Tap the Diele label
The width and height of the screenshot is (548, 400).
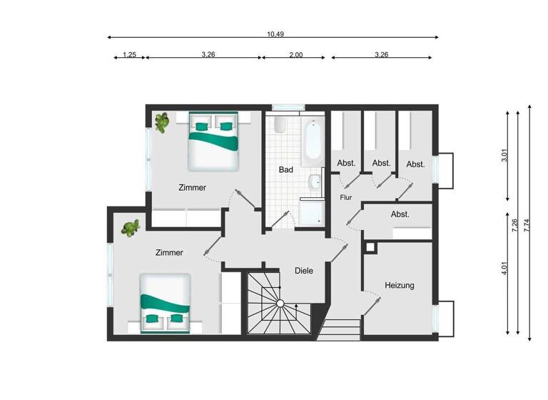(x=304, y=271)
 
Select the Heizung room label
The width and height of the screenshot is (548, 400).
(x=400, y=285)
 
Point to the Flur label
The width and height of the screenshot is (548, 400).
(x=346, y=197)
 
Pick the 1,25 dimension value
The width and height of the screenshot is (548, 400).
(x=129, y=54)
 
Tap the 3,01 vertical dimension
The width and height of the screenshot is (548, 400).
(x=504, y=156)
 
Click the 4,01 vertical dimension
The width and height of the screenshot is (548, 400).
(x=504, y=270)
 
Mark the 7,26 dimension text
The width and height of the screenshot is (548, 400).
(x=514, y=226)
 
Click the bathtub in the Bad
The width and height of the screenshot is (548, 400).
(x=312, y=142)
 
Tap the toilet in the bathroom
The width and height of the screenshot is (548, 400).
(x=280, y=126)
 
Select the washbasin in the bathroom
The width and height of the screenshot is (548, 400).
(x=315, y=184)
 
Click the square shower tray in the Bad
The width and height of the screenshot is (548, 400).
(x=312, y=212)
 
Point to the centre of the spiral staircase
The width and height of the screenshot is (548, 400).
(x=280, y=304)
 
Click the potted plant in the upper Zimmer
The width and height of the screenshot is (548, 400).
(x=163, y=122)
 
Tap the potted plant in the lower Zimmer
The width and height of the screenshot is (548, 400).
(x=131, y=229)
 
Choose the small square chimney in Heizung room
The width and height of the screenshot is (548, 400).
(x=370, y=247)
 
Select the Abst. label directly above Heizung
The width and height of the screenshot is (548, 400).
(x=400, y=214)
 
